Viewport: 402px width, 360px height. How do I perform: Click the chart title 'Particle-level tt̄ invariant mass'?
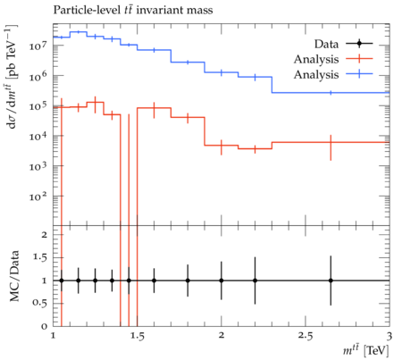(x=133, y=10)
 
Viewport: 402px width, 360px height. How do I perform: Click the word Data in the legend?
(x=326, y=44)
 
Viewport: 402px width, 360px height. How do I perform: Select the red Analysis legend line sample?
(x=359, y=59)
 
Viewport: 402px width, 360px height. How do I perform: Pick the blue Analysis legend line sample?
(x=359, y=74)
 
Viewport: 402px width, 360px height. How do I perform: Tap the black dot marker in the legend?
(x=359, y=44)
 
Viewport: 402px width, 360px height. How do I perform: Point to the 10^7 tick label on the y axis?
(x=38, y=46)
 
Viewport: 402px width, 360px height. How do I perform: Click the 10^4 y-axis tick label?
(x=38, y=136)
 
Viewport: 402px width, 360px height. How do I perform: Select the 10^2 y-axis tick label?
(x=38, y=197)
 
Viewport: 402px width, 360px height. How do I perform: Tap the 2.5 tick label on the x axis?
(x=306, y=336)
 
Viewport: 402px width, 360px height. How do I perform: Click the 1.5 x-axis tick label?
(x=138, y=336)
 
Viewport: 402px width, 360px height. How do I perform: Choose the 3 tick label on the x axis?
(x=389, y=336)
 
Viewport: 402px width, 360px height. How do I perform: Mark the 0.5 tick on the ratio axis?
(x=40, y=303)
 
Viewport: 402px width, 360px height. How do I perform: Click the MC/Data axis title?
(x=14, y=276)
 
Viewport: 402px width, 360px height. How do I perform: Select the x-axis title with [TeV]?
(x=366, y=350)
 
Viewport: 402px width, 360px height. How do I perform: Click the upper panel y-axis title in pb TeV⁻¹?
(x=12, y=77)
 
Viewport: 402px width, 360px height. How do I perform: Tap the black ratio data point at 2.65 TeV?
(x=331, y=280)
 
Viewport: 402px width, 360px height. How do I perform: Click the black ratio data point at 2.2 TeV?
(x=255, y=280)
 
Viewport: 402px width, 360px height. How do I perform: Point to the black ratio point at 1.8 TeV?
(x=188, y=280)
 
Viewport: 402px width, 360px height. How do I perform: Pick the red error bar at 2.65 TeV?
(x=331, y=147)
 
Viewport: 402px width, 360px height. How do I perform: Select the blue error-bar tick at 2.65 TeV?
(x=331, y=93)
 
